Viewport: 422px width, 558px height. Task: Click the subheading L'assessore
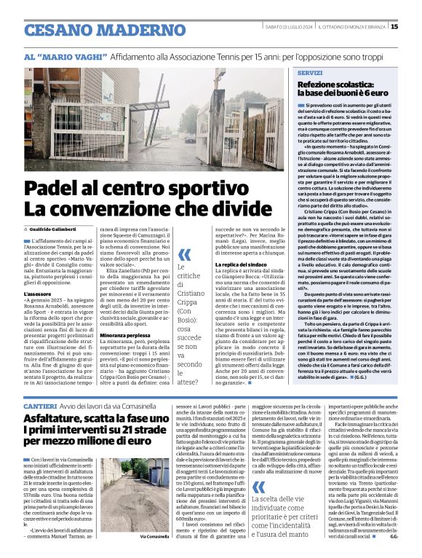click(x=40, y=294)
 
